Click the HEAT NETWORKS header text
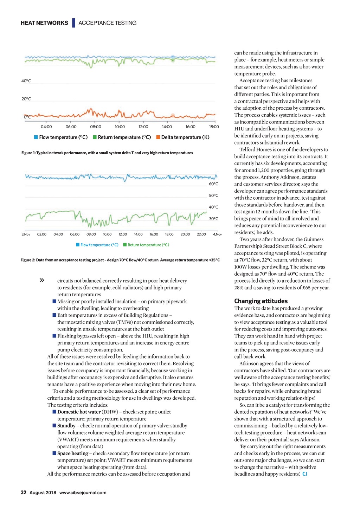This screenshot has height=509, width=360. pyautogui.click(x=44, y=23)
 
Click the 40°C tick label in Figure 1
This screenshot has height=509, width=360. pyautogui.click(x=26, y=81)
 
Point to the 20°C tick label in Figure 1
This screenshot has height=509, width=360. pyautogui.click(x=26, y=99)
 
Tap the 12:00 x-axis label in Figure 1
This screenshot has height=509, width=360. pyautogui.click(x=143, y=127)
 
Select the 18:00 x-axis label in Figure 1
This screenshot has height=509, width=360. pyautogui.click(x=214, y=127)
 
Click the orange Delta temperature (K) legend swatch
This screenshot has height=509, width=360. pyautogui.click(x=158, y=137)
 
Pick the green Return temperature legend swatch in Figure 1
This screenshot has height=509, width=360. pyautogui.click(x=95, y=137)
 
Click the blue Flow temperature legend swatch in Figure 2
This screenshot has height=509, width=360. pyautogui.click(x=78, y=245)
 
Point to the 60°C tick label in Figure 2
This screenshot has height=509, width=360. pyautogui.click(x=213, y=184)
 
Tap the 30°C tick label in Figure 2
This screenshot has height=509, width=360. pyautogui.click(x=213, y=219)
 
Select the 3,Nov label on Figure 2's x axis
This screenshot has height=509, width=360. pyautogui.click(x=26, y=234)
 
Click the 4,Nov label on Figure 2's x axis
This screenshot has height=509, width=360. pyautogui.click(x=217, y=234)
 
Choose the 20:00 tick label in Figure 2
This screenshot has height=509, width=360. pyautogui.click(x=185, y=234)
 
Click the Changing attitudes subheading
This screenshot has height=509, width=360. pyautogui.click(x=261, y=301)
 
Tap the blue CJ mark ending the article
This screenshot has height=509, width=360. pyautogui.click(x=305, y=474)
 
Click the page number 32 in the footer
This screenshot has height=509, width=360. pyautogui.click(x=24, y=492)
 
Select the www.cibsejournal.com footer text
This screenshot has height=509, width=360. pyautogui.click(x=83, y=492)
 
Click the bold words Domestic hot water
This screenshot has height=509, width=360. pyautogui.click(x=79, y=412)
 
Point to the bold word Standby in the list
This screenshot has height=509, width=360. pyautogui.click(x=66, y=426)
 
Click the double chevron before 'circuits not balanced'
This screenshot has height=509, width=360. pyautogui.click(x=42, y=281)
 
